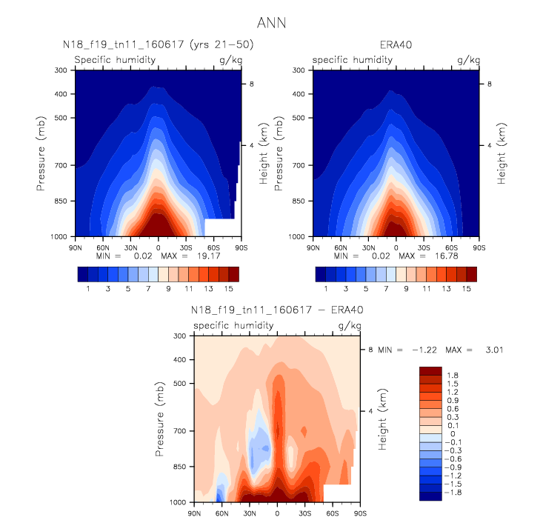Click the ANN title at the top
point(271,23)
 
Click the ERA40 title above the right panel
point(396,45)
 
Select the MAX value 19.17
point(208,256)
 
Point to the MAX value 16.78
point(447,256)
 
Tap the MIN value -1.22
point(424,350)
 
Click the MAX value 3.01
point(494,350)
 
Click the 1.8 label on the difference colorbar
point(453,376)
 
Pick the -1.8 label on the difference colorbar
point(453,493)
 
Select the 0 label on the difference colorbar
point(453,434)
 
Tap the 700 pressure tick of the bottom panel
point(180,431)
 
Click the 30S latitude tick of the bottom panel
point(305,513)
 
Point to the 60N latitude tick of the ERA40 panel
point(341,248)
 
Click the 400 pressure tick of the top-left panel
point(61,94)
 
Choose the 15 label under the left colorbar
point(229,289)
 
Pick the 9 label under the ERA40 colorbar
point(406,289)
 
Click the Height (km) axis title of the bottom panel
point(382,419)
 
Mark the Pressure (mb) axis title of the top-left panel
point(41,153)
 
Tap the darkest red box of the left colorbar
point(234,274)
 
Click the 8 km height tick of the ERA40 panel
point(490,84)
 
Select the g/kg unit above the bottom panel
point(350,326)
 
